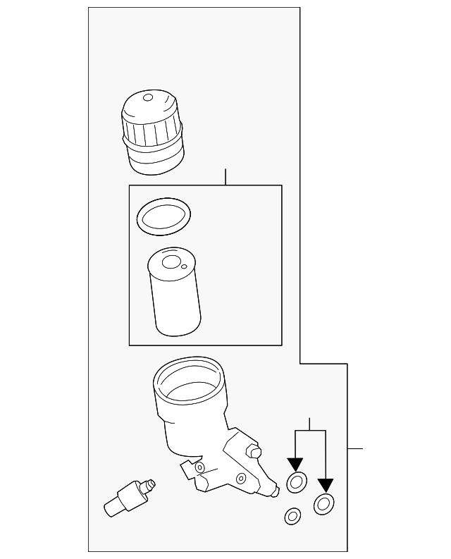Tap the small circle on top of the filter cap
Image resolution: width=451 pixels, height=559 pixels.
click(148, 97)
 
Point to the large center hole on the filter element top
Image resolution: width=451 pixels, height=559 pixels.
click(171, 262)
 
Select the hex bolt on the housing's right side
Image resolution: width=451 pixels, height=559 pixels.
click(254, 451)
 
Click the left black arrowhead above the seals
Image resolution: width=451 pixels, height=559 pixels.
click(295, 465)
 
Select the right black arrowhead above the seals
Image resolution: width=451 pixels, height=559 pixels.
click(325, 485)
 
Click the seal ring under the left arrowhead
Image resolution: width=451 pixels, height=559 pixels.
click(296, 483)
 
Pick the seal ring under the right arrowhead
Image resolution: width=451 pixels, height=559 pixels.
click(324, 503)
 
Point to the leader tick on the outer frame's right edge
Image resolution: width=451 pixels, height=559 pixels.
click(354, 448)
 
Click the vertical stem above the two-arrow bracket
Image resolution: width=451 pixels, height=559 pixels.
click(310, 423)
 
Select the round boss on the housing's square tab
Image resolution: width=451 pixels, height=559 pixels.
click(199, 467)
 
